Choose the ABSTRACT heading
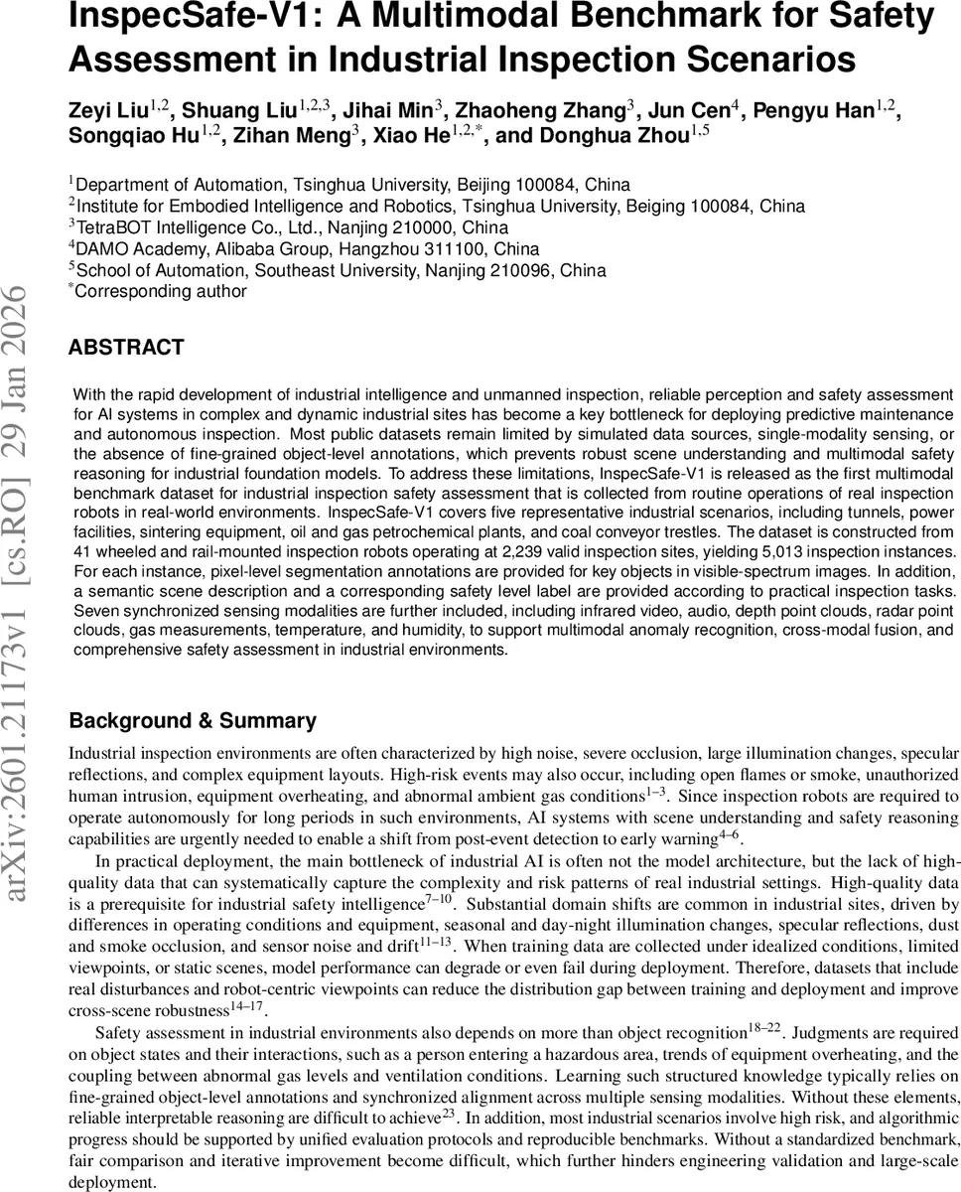(x=126, y=348)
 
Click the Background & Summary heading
(x=193, y=721)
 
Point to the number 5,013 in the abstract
(x=782, y=551)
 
